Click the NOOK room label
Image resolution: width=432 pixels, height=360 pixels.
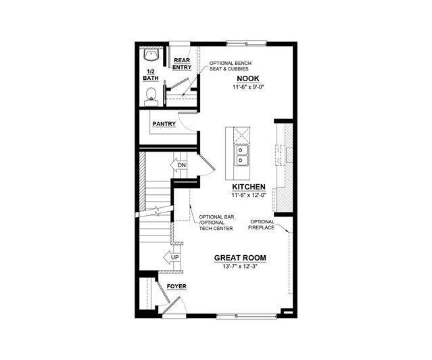(248, 78)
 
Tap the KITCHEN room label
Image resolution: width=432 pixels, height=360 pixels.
(249, 187)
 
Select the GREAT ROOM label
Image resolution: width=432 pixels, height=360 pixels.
(240, 258)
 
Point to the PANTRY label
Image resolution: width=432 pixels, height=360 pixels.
(164, 124)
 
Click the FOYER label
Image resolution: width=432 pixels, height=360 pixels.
(176, 287)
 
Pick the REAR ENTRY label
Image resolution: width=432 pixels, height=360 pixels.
(182, 64)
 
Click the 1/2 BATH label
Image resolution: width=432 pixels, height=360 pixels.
(151, 75)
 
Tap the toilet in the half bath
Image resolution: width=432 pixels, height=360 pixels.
(151, 97)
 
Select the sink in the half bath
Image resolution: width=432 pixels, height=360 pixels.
(151, 55)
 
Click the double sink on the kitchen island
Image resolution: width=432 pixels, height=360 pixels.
(242, 156)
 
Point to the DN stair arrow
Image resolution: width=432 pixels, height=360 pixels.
(178, 165)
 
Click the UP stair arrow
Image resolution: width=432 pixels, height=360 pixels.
(172, 257)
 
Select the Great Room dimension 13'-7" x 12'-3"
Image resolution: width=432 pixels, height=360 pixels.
(240, 267)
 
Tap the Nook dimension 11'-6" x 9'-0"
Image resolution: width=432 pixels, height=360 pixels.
(248, 87)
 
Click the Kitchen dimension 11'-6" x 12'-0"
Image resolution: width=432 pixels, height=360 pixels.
(249, 196)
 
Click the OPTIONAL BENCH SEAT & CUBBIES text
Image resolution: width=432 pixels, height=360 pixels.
(231, 66)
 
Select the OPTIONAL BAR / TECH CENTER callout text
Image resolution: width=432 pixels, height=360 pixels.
(216, 223)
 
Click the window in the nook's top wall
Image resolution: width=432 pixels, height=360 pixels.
(246, 43)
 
